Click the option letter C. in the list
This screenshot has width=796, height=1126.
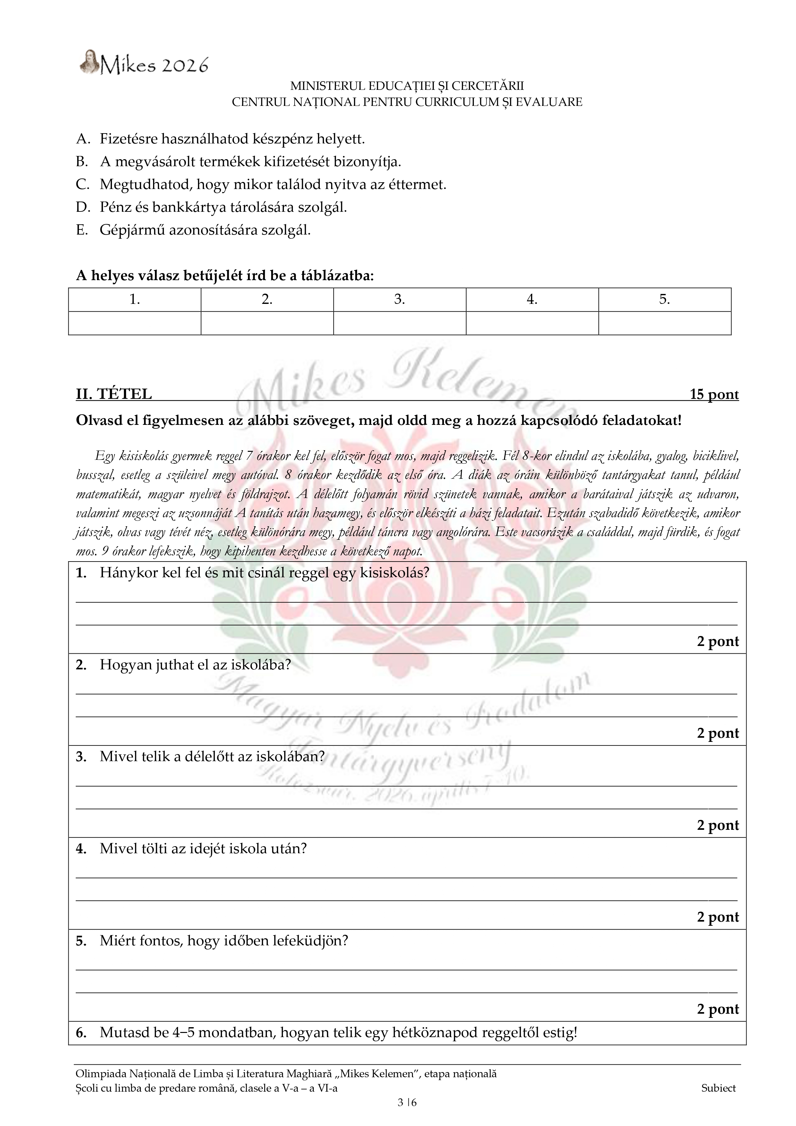coord(82,185)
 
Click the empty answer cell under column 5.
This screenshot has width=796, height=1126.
coord(664,323)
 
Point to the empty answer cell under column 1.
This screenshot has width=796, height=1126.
coord(134,323)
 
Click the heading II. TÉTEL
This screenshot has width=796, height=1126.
coord(114,394)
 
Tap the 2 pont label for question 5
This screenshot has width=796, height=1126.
coord(717,1009)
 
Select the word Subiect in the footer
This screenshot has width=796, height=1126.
coord(718,1088)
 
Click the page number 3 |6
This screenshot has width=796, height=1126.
coord(407,1103)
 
